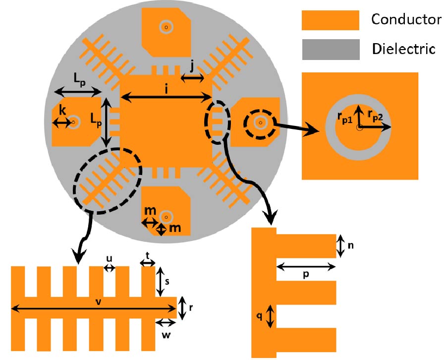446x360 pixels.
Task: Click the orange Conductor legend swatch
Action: [x=330, y=20]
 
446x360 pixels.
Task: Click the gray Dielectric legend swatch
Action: [x=330, y=49]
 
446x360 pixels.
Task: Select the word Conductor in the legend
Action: [x=406, y=20]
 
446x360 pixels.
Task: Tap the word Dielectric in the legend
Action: [x=403, y=49]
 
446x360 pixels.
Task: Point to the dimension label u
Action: [x=109, y=259]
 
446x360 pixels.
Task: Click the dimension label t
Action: [x=148, y=254]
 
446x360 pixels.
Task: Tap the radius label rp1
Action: [x=343, y=116]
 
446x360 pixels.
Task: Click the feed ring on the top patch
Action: [x=166, y=27]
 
